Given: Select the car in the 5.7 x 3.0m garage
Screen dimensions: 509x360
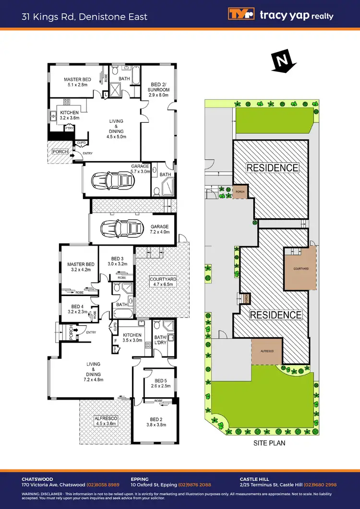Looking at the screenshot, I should coord(114,180).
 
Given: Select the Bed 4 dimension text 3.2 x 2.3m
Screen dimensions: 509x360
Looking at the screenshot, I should coord(77,312).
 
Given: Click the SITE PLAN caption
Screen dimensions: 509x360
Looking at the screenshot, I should coord(269,443).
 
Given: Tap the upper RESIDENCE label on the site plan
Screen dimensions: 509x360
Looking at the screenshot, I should coord(272,168).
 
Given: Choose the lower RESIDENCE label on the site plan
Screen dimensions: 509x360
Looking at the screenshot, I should coord(276,315).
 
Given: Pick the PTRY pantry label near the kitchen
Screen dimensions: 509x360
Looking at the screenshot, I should coord(69,128).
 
